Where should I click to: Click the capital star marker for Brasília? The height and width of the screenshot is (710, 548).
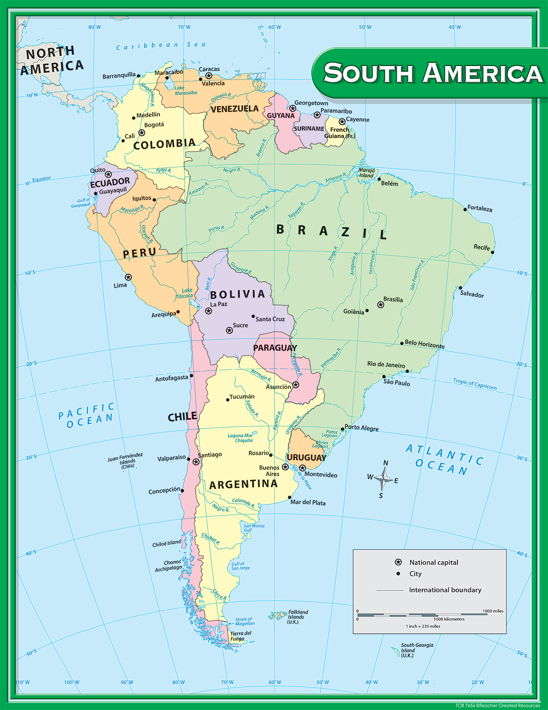381,305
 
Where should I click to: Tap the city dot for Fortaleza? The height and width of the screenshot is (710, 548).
465,209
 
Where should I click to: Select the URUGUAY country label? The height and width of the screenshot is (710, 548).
306,458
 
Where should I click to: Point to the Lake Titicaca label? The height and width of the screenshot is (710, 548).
185,293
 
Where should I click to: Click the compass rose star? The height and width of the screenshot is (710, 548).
383,479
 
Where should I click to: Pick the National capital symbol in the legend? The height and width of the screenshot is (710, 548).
398,562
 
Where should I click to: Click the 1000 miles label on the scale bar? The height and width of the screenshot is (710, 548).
493,611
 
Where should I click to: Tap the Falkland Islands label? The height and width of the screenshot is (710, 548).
298,617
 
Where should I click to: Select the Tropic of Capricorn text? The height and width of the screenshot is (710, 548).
475,384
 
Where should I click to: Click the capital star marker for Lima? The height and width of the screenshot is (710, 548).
128,277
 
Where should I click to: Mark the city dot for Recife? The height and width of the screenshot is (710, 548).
492,252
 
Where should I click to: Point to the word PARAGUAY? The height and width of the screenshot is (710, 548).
275,348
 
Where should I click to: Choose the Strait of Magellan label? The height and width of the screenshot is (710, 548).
245,621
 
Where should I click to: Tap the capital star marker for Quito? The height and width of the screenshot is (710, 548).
109,174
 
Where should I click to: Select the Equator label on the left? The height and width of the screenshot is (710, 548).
41,179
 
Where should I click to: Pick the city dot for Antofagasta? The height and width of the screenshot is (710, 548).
192,375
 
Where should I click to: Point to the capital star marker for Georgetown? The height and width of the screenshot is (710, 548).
292,108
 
